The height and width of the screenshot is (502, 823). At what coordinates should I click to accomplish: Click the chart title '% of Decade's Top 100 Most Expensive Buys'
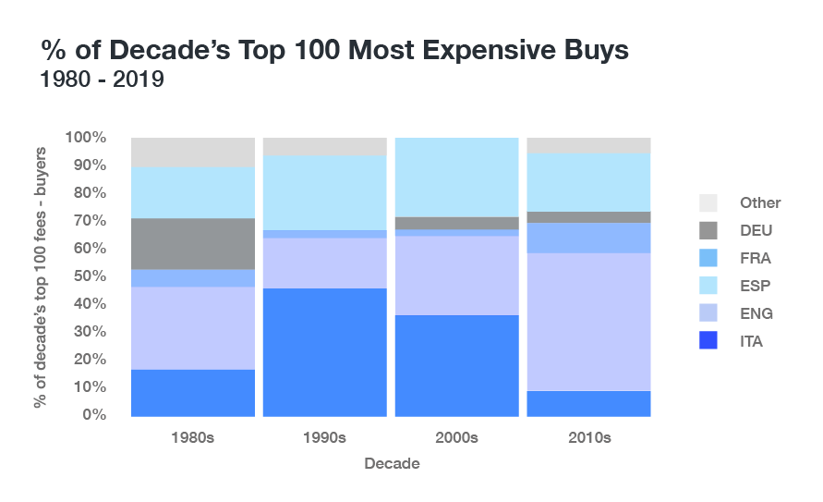coord(334,50)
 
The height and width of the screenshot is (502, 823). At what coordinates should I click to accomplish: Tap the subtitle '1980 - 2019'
coord(102,80)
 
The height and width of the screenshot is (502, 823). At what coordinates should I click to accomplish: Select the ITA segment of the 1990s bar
coord(324,351)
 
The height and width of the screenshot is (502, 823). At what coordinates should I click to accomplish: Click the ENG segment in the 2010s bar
coord(588,322)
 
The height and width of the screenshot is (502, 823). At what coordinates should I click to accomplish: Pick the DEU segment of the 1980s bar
coord(193,243)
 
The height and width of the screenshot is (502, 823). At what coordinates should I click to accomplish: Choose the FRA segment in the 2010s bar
coord(588,238)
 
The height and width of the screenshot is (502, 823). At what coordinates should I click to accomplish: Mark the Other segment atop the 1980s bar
coord(193,153)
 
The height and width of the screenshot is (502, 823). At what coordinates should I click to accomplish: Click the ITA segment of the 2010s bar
coord(588,403)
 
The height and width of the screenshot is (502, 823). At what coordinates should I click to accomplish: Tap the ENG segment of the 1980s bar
coord(193,328)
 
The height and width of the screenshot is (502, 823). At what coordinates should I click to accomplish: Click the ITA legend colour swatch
coord(708,341)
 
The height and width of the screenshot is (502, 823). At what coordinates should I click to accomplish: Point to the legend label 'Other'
coord(759,202)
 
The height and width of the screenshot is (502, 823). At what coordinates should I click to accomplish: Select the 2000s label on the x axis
coord(456,438)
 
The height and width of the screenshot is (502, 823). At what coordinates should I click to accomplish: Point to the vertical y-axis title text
coord(42,276)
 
